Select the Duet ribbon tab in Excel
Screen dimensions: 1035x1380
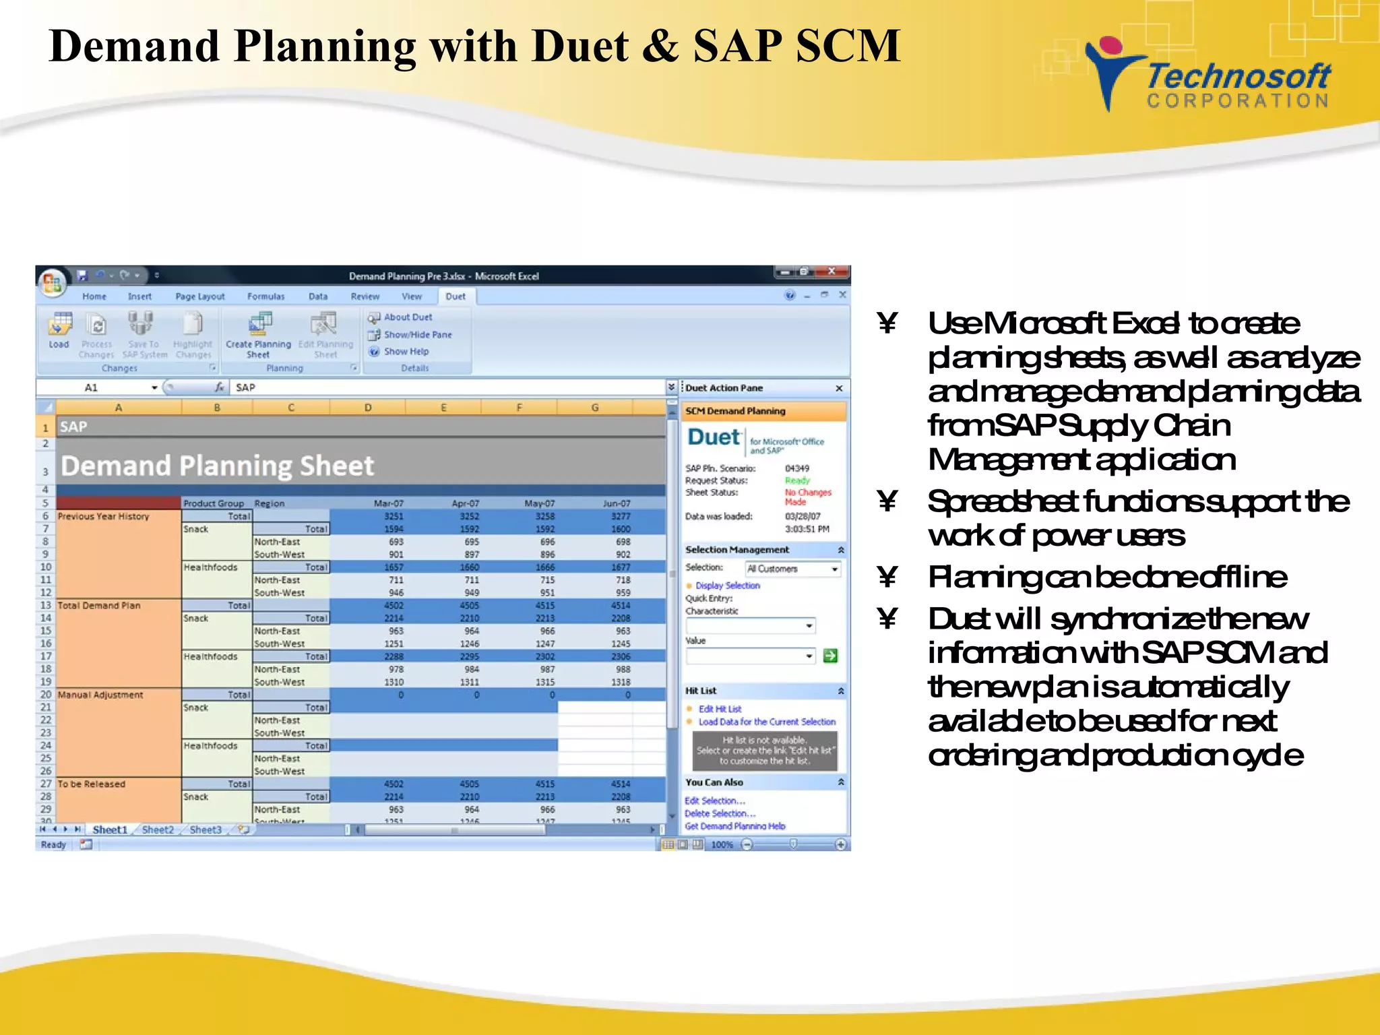pyautogui.click(x=456, y=296)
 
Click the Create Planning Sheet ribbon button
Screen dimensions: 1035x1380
pyautogui.click(x=258, y=334)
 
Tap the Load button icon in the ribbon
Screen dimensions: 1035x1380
pyautogui.click(x=59, y=325)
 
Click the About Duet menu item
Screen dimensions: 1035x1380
pyautogui.click(x=408, y=317)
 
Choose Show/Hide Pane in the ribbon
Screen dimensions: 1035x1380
pyautogui.click(x=417, y=335)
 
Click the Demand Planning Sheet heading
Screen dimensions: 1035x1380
pyautogui.click(x=217, y=466)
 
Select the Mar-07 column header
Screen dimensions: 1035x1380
pyautogui.click(x=389, y=503)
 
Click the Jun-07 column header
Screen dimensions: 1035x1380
pyautogui.click(x=616, y=503)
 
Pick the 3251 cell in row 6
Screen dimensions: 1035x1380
pyautogui.click(x=394, y=516)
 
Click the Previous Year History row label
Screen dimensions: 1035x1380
pyautogui.click(x=103, y=517)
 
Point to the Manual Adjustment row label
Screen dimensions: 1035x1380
pyautogui.click(x=100, y=695)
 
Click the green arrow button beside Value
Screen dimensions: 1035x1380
pyautogui.click(x=830, y=656)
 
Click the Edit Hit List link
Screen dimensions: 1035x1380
pyautogui.click(x=720, y=709)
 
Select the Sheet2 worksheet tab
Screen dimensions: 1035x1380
pyautogui.click(x=158, y=830)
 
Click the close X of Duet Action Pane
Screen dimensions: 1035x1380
pyautogui.click(x=839, y=389)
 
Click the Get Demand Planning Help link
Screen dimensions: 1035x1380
pyautogui.click(x=734, y=826)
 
